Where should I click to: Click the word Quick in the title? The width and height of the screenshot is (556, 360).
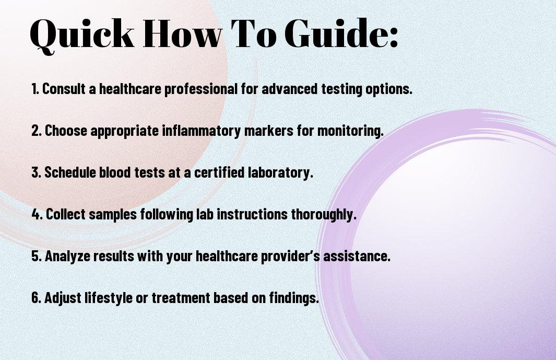(82, 34)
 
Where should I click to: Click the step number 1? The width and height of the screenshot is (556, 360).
(35, 89)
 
